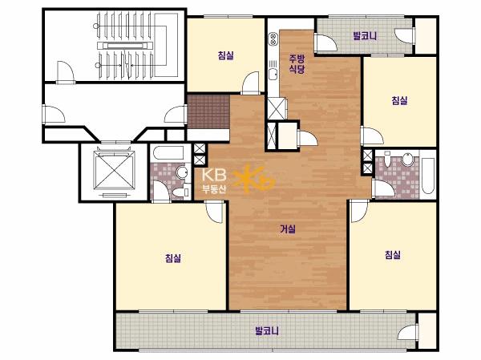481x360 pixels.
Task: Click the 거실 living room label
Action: [x=288, y=229]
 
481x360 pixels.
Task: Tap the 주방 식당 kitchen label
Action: [x=297, y=63]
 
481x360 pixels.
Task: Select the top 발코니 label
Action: [x=365, y=36]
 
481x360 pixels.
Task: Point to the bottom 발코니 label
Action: [x=267, y=331]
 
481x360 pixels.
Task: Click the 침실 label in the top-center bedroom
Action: [x=226, y=55]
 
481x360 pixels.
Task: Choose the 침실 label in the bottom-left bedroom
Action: [x=173, y=258]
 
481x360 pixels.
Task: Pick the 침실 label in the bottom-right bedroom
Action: [x=393, y=255]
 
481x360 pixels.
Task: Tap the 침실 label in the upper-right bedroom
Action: [x=399, y=100]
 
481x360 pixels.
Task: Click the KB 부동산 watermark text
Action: [x=214, y=180]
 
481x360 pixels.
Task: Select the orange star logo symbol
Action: [x=253, y=180]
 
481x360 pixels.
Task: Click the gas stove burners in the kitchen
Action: [x=273, y=39]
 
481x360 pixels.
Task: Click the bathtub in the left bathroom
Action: [x=168, y=153]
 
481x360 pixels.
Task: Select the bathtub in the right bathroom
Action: [x=427, y=176]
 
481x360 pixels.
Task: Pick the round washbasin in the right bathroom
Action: [x=408, y=160]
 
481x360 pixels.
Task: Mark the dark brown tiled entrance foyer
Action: [x=208, y=111]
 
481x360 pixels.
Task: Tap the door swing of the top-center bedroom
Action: [x=251, y=83]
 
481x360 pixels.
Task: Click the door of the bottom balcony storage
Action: [x=407, y=332]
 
